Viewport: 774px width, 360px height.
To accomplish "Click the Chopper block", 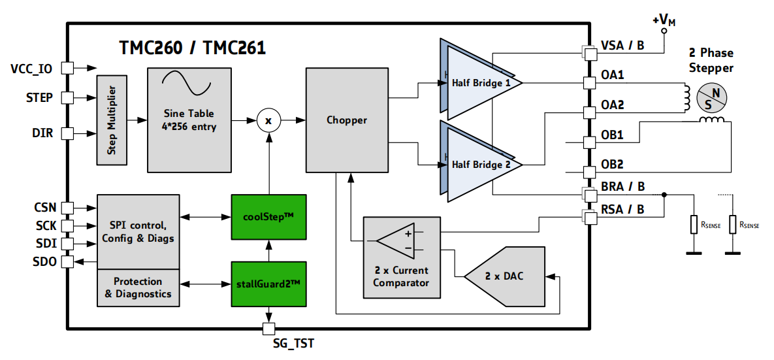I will coord(346,120).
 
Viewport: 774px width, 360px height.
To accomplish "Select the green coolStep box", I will coord(268,216).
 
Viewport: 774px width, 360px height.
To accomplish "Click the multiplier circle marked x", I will coord(267,120).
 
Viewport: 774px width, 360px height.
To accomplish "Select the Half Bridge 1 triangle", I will coord(482,83).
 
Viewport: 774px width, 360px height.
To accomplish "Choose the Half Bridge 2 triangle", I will coord(482,165).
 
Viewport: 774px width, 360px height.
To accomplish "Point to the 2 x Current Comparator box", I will coord(401,257).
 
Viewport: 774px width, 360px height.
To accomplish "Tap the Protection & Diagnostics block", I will coord(138,287).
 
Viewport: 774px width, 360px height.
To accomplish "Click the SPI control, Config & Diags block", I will coord(138,231).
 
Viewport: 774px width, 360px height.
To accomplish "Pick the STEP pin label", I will coord(40,98).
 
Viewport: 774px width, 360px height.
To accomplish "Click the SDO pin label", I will coord(44,261).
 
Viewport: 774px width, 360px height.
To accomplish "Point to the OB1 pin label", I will coord(612,135).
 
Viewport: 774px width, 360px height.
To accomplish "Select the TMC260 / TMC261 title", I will coord(192,48).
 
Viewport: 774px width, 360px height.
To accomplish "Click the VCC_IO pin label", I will coord(31,69).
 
